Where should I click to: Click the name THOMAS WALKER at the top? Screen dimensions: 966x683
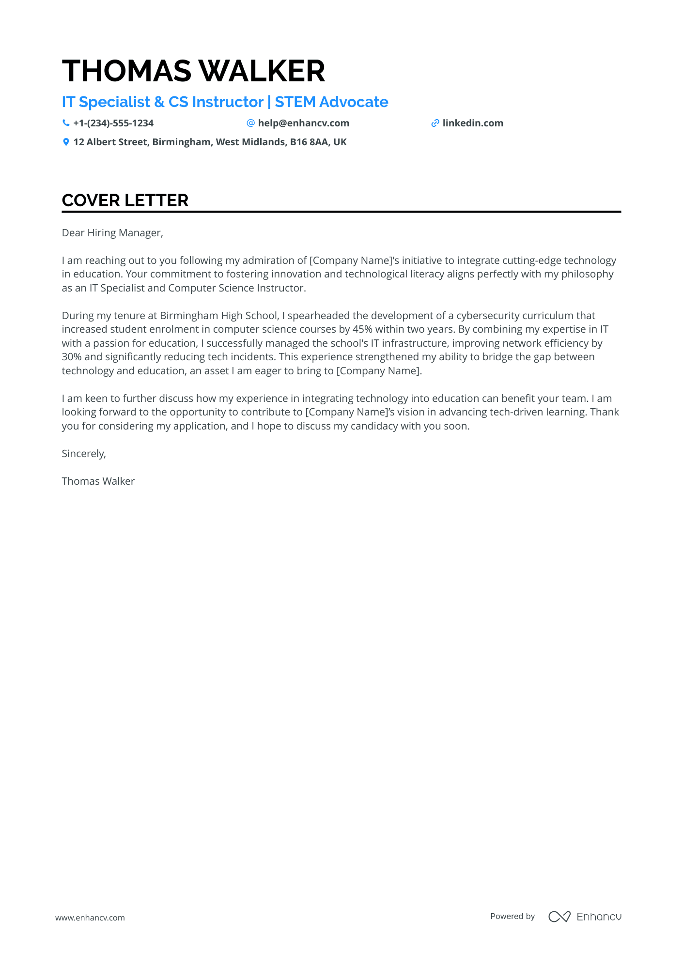click(193, 71)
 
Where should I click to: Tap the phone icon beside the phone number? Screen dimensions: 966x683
click(66, 123)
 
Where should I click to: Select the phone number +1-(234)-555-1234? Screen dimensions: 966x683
click(113, 123)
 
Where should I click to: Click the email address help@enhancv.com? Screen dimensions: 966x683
click(303, 123)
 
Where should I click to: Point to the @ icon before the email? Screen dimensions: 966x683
click(250, 123)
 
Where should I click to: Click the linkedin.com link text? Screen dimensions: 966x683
click(472, 123)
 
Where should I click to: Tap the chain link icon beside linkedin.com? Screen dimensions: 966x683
click(435, 123)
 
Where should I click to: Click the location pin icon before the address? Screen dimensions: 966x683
click(66, 142)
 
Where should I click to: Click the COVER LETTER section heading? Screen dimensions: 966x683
click(125, 200)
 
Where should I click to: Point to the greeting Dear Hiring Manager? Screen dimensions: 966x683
click(112, 233)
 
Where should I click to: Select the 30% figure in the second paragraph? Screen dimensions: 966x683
click(72, 357)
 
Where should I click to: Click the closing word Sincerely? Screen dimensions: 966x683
click(83, 454)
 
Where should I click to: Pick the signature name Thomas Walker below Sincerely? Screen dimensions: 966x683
click(98, 481)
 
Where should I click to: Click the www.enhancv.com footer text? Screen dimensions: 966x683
click(90, 918)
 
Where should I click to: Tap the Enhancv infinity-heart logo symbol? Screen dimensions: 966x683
click(559, 917)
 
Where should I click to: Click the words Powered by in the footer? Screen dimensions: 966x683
click(512, 916)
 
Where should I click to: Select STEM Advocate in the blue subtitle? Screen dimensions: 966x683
click(331, 102)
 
